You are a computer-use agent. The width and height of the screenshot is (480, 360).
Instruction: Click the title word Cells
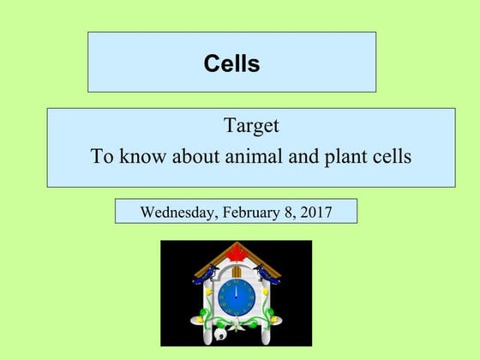pyautogui.click(x=231, y=63)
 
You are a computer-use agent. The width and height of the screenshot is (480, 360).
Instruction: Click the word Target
pyautogui.click(x=251, y=127)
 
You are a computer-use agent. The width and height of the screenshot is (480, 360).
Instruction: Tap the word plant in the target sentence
pyautogui.click(x=345, y=158)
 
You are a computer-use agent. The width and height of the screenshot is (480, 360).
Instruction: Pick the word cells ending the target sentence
pyautogui.click(x=391, y=158)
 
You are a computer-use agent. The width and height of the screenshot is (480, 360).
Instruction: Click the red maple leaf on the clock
pyautogui.click(x=235, y=252)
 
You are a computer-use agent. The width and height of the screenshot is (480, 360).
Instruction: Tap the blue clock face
pyautogui.click(x=236, y=297)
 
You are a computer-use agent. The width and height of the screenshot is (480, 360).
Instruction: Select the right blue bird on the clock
pyautogui.click(x=268, y=273)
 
